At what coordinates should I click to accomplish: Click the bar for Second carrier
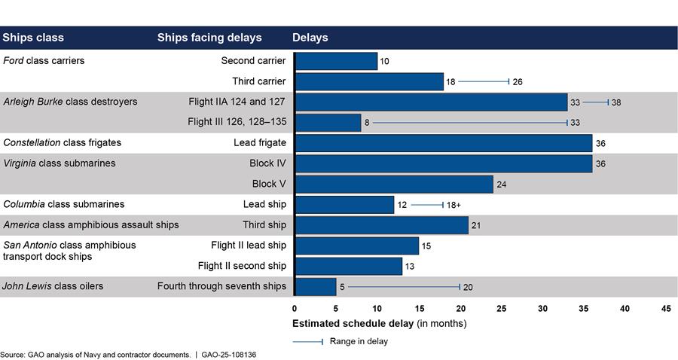[336, 61]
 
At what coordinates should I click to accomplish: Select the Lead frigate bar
[443, 142]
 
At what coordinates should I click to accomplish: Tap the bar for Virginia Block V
[393, 184]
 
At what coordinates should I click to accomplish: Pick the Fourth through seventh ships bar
[315, 286]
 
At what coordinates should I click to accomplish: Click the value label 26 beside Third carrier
[518, 81]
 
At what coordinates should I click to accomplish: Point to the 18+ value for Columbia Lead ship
[457, 204]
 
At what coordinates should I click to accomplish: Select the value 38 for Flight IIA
[616, 102]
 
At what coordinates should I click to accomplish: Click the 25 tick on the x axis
[501, 309]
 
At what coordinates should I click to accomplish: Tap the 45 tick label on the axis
[666, 309]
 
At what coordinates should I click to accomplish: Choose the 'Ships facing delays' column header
[209, 38]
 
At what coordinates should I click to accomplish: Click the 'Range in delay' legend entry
[357, 341]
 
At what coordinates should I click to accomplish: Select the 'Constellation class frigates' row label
[63, 142]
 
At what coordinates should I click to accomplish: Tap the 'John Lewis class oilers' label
[53, 286]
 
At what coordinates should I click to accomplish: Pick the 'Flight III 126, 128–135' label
[237, 122]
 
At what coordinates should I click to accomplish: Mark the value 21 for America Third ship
[476, 224]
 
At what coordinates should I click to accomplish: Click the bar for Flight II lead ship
[356, 246]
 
